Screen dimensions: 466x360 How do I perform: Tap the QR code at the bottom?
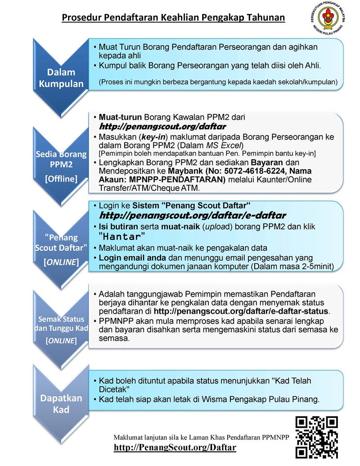pyautogui.click(x=316, y=437)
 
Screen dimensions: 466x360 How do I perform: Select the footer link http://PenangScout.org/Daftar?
pyautogui.click(x=175, y=448)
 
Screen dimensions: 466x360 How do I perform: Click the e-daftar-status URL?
pyautogui.click(x=242, y=311)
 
